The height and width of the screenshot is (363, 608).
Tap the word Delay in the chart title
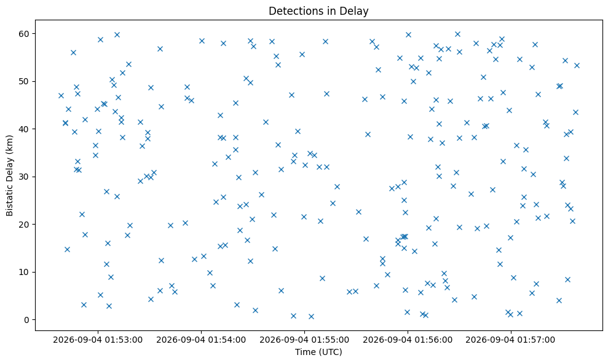[x=355, y=11]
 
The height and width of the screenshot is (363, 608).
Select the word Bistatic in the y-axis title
[x=9, y=198]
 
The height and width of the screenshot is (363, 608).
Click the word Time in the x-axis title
[x=304, y=352]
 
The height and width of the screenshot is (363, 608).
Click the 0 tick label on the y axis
[x=27, y=320]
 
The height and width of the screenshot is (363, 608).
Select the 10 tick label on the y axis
[x=25, y=272]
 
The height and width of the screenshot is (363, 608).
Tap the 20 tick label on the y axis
[x=25, y=225]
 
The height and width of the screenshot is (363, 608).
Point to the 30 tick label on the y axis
[x=25, y=177]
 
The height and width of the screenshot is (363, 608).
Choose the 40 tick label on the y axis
[x=25, y=129]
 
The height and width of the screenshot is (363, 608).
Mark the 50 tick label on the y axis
[x=25, y=82]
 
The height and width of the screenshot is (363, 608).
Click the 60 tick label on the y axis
[x=25, y=34]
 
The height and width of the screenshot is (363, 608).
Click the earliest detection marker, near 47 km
[x=61, y=95]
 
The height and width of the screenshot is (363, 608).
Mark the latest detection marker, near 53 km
[x=577, y=66]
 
